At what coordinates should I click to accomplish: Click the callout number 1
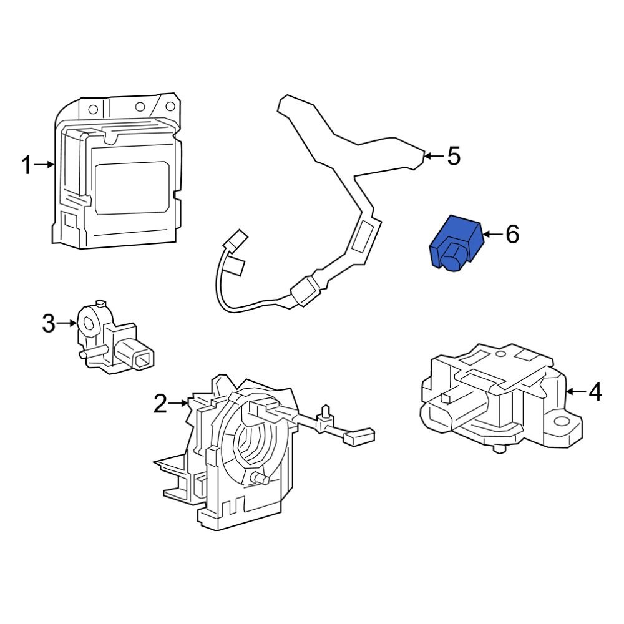pyautogui.click(x=26, y=165)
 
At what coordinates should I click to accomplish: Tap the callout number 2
pyautogui.click(x=160, y=404)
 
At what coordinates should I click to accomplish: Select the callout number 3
pyautogui.click(x=49, y=324)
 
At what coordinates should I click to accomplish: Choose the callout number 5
pyautogui.click(x=454, y=156)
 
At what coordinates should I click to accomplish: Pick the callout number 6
pyautogui.click(x=512, y=235)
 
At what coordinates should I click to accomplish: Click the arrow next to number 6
pyautogui.click(x=493, y=235)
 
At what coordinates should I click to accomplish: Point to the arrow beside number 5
pyautogui.click(x=434, y=155)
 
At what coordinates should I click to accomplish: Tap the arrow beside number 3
pyautogui.click(x=67, y=323)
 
